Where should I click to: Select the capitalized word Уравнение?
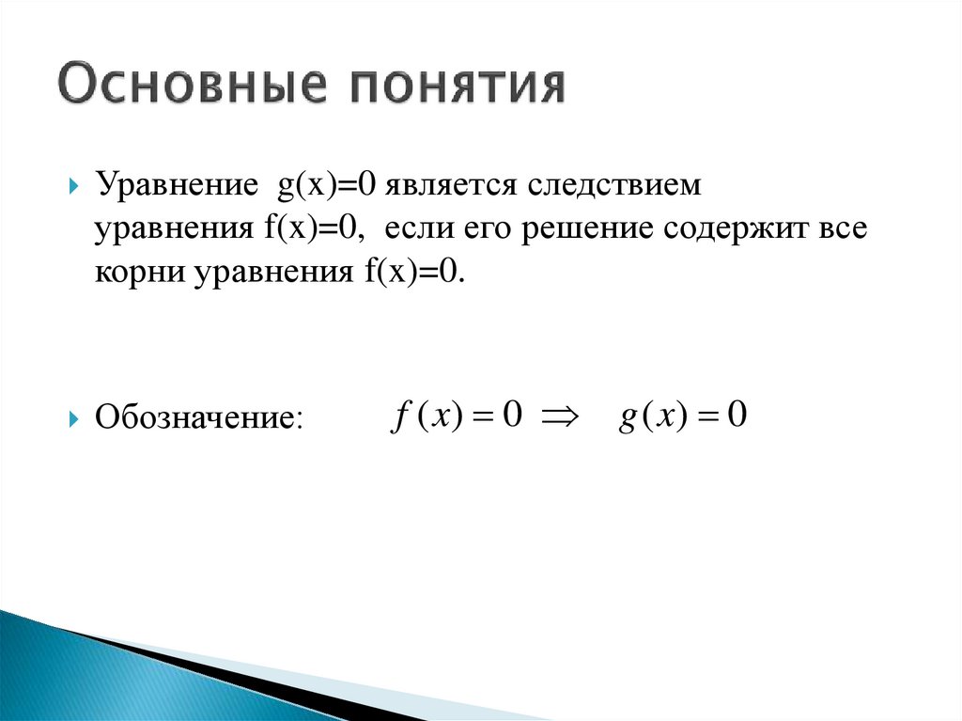point(171,186)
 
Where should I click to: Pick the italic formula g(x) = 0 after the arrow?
point(682,415)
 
